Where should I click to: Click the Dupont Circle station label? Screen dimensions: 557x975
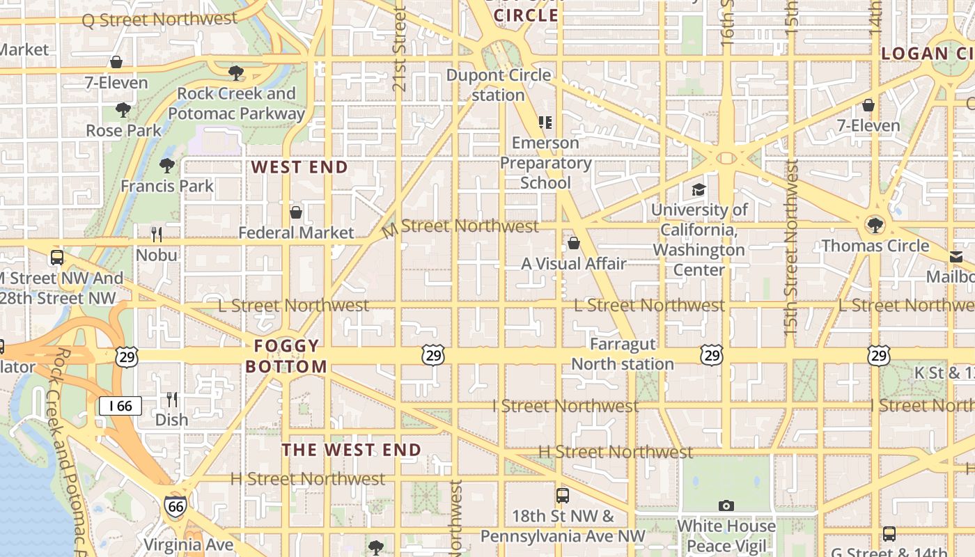click(499, 85)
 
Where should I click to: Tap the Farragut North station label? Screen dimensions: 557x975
click(622, 354)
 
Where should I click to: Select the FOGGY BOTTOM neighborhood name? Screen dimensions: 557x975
click(286, 356)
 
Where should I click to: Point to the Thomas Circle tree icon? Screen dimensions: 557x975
click(875, 225)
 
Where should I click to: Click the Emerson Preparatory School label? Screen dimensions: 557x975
click(546, 163)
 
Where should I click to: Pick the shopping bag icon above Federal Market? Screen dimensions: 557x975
click(296, 212)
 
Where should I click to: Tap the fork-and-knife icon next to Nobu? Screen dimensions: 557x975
click(157, 235)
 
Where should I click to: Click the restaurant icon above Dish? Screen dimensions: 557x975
click(171, 400)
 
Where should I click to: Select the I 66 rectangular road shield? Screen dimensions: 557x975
click(120, 406)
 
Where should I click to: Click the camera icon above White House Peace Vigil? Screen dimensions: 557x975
click(726, 505)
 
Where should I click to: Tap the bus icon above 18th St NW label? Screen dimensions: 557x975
click(562, 496)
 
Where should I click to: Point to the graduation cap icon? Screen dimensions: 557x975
click(698, 189)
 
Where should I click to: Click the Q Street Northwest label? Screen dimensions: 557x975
click(159, 19)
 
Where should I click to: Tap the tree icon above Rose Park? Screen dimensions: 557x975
click(123, 110)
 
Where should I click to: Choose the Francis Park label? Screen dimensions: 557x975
click(167, 186)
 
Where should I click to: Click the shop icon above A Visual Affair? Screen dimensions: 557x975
click(573, 243)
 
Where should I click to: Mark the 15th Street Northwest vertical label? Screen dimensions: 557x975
click(791, 247)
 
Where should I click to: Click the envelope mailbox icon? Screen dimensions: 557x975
click(956, 258)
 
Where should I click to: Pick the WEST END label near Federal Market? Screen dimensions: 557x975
click(299, 167)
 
